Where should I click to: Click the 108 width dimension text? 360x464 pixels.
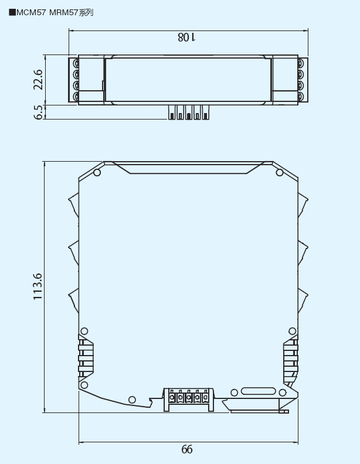(186, 37)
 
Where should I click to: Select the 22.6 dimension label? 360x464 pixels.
(38, 80)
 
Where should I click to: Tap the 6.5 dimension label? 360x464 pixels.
(39, 112)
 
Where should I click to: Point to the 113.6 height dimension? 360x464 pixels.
(38, 286)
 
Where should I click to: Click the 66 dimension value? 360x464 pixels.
(186, 449)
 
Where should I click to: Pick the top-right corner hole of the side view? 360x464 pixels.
(280, 172)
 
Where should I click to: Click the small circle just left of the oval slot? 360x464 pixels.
(235, 392)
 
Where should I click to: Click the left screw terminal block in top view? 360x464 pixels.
(74, 80)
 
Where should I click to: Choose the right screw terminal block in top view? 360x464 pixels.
(301, 80)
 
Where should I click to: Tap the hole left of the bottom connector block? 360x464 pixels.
(132, 400)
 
